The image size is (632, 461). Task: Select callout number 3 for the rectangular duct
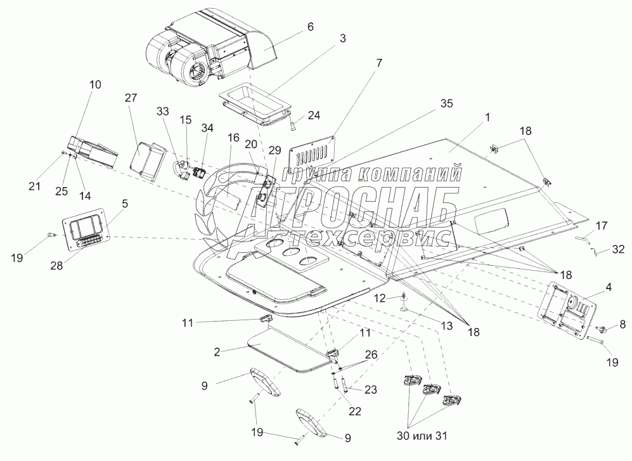342,39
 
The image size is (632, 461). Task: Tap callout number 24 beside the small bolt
314,115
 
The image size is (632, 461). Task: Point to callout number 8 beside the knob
622,324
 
